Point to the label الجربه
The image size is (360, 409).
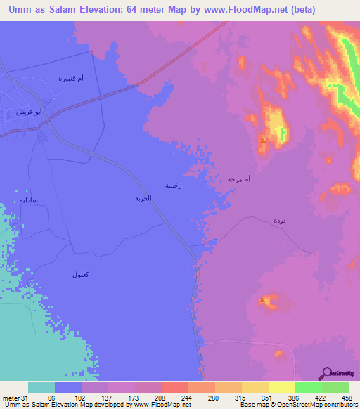click(x=143, y=199)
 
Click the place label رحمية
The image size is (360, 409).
click(x=173, y=186)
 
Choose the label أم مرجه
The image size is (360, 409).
click(x=239, y=180)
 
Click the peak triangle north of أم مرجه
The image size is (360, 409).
click(x=263, y=141)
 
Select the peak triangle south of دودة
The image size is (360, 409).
click(x=263, y=301)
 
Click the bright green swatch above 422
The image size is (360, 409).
click(x=309, y=387)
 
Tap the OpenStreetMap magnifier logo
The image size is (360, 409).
click(x=327, y=373)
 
